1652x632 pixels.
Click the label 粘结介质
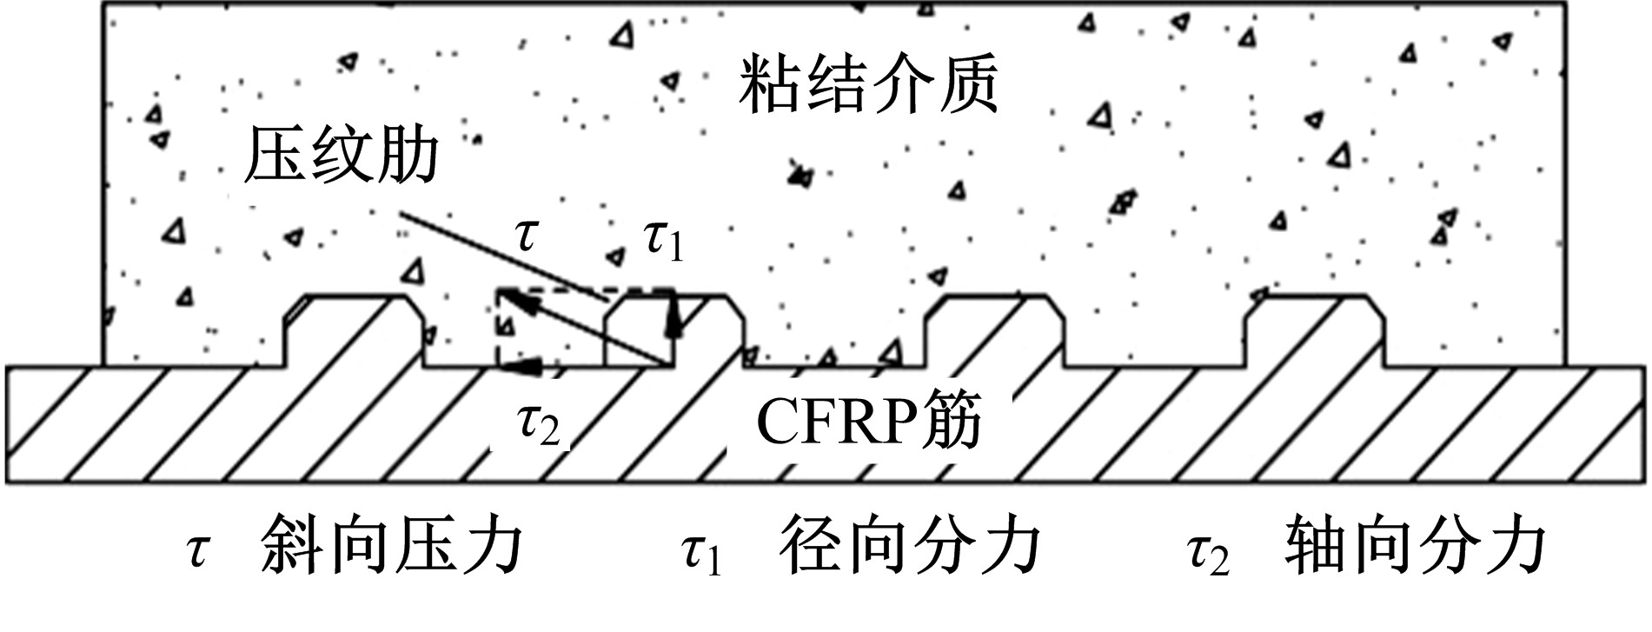(867, 85)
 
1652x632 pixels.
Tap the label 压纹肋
(341, 156)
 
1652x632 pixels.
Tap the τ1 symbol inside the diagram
(663, 242)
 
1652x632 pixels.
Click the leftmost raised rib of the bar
(354, 331)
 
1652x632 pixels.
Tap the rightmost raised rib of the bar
(1314, 331)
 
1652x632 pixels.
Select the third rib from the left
(993, 331)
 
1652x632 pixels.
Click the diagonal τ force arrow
(586, 329)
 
